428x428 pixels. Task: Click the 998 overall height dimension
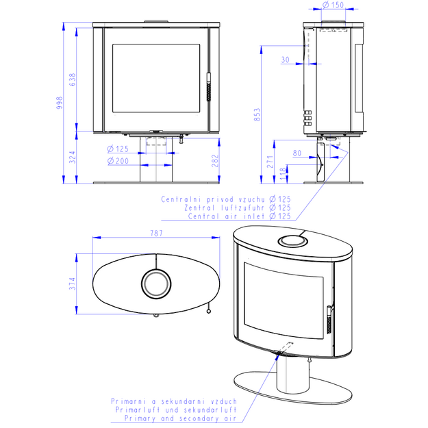(x=59, y=103)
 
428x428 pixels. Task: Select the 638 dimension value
(x=73, y=79)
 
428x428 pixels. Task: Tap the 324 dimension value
(x=72, y=158)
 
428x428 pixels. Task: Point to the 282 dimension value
(x=215, y=161)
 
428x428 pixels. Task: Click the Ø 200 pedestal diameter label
(x=118, y=161)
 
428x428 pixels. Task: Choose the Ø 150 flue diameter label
(x=333, y=5)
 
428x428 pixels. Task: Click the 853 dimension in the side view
(x=257, y=114)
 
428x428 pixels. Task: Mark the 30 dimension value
(x=286, y=60)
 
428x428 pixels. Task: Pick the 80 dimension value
(x=297, y=153)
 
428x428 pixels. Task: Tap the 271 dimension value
(x=270, y=162)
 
